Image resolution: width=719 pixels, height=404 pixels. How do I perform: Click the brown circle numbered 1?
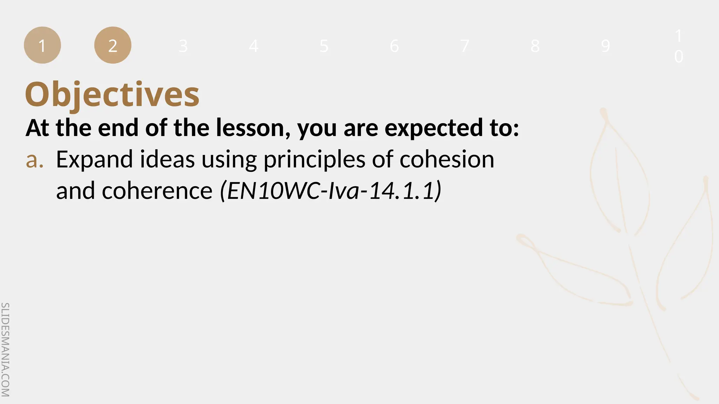click(42, 45)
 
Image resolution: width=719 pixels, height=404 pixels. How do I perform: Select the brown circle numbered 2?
click(113, 45)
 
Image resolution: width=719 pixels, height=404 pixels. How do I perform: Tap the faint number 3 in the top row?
click(183, 46)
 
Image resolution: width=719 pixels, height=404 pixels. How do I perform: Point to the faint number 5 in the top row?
click(324, 46)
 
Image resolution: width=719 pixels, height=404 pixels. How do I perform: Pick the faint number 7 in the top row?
click(464, 46)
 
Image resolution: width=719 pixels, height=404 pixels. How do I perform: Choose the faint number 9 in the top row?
click(605, 46)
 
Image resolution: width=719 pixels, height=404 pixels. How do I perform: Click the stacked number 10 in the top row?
click(679, 46)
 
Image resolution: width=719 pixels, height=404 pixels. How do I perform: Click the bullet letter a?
click(34, 160)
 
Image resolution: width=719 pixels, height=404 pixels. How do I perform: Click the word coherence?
click(157, 191)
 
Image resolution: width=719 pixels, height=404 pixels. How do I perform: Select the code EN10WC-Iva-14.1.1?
click(330, 191)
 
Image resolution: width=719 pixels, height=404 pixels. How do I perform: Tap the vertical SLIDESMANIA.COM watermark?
click(6, 349)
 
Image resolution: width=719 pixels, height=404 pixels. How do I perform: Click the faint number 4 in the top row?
click(253, 46)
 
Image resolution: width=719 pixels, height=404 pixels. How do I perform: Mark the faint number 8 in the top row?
click(535, 46)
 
